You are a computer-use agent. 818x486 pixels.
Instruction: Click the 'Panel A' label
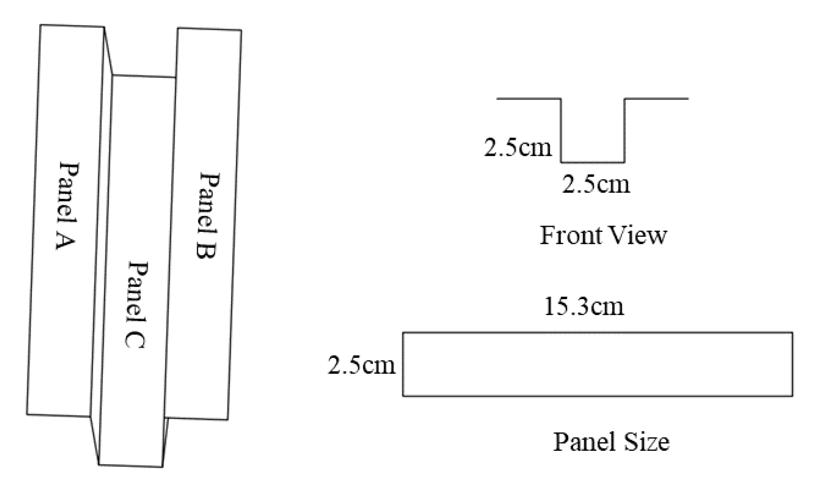click(x=67, y=206)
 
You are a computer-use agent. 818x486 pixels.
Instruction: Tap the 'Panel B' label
click(x=208, y=215)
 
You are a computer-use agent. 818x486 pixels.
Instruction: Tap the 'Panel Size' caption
click(x=611, y=442)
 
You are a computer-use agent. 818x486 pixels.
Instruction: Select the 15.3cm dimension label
click(x=584, y=307)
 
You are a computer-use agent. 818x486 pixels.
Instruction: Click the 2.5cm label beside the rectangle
click(x=362, y=365)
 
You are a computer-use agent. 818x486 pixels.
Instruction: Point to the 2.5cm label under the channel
click(x=596, y=184)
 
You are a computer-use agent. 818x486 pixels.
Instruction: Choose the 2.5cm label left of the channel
click(x=518, y=147)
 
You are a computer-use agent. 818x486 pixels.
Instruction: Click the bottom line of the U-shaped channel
click(x=593, y=162)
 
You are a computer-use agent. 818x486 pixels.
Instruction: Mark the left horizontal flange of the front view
click(x=529, y=98)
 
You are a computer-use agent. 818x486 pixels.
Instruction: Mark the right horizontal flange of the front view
click(x=656, y=98)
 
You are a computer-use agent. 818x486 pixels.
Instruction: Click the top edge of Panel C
click(x=144, y=76)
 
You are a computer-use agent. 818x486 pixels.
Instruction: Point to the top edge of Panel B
click(x=210, y=29)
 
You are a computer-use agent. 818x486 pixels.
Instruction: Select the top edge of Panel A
click(x=72, y=26)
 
